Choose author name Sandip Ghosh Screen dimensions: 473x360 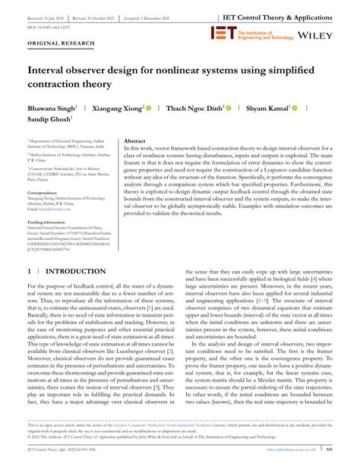pyautogui.click(x=49, y=119)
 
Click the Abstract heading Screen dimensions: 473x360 pyautogui.click(x=134, y=141)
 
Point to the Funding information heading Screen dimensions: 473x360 pyautogui.click(x=54, y=222)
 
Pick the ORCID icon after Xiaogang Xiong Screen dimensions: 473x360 pyautogui.click(x=150, y=109)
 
